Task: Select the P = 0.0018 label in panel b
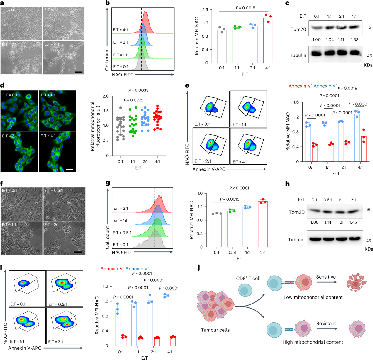click(245, 8)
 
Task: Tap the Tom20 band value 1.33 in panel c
click(354, 40)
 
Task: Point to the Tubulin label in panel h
click(296, 240)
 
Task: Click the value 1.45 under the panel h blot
click(353, 222)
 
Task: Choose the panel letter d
click(2, 86)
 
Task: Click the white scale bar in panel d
click(69, 169)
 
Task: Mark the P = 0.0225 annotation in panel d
click(133, 100)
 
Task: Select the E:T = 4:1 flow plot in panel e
click(248, 146)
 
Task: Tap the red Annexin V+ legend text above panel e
click(300, 86)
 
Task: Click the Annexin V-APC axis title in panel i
click(25, 348)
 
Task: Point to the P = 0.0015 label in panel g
click(230, 199)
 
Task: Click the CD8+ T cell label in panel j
click(248, 278)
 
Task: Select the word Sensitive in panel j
click(326, 277)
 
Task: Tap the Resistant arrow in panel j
click(326, 329)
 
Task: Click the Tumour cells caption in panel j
click(215, 330)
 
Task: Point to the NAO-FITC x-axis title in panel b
click(123, 75)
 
